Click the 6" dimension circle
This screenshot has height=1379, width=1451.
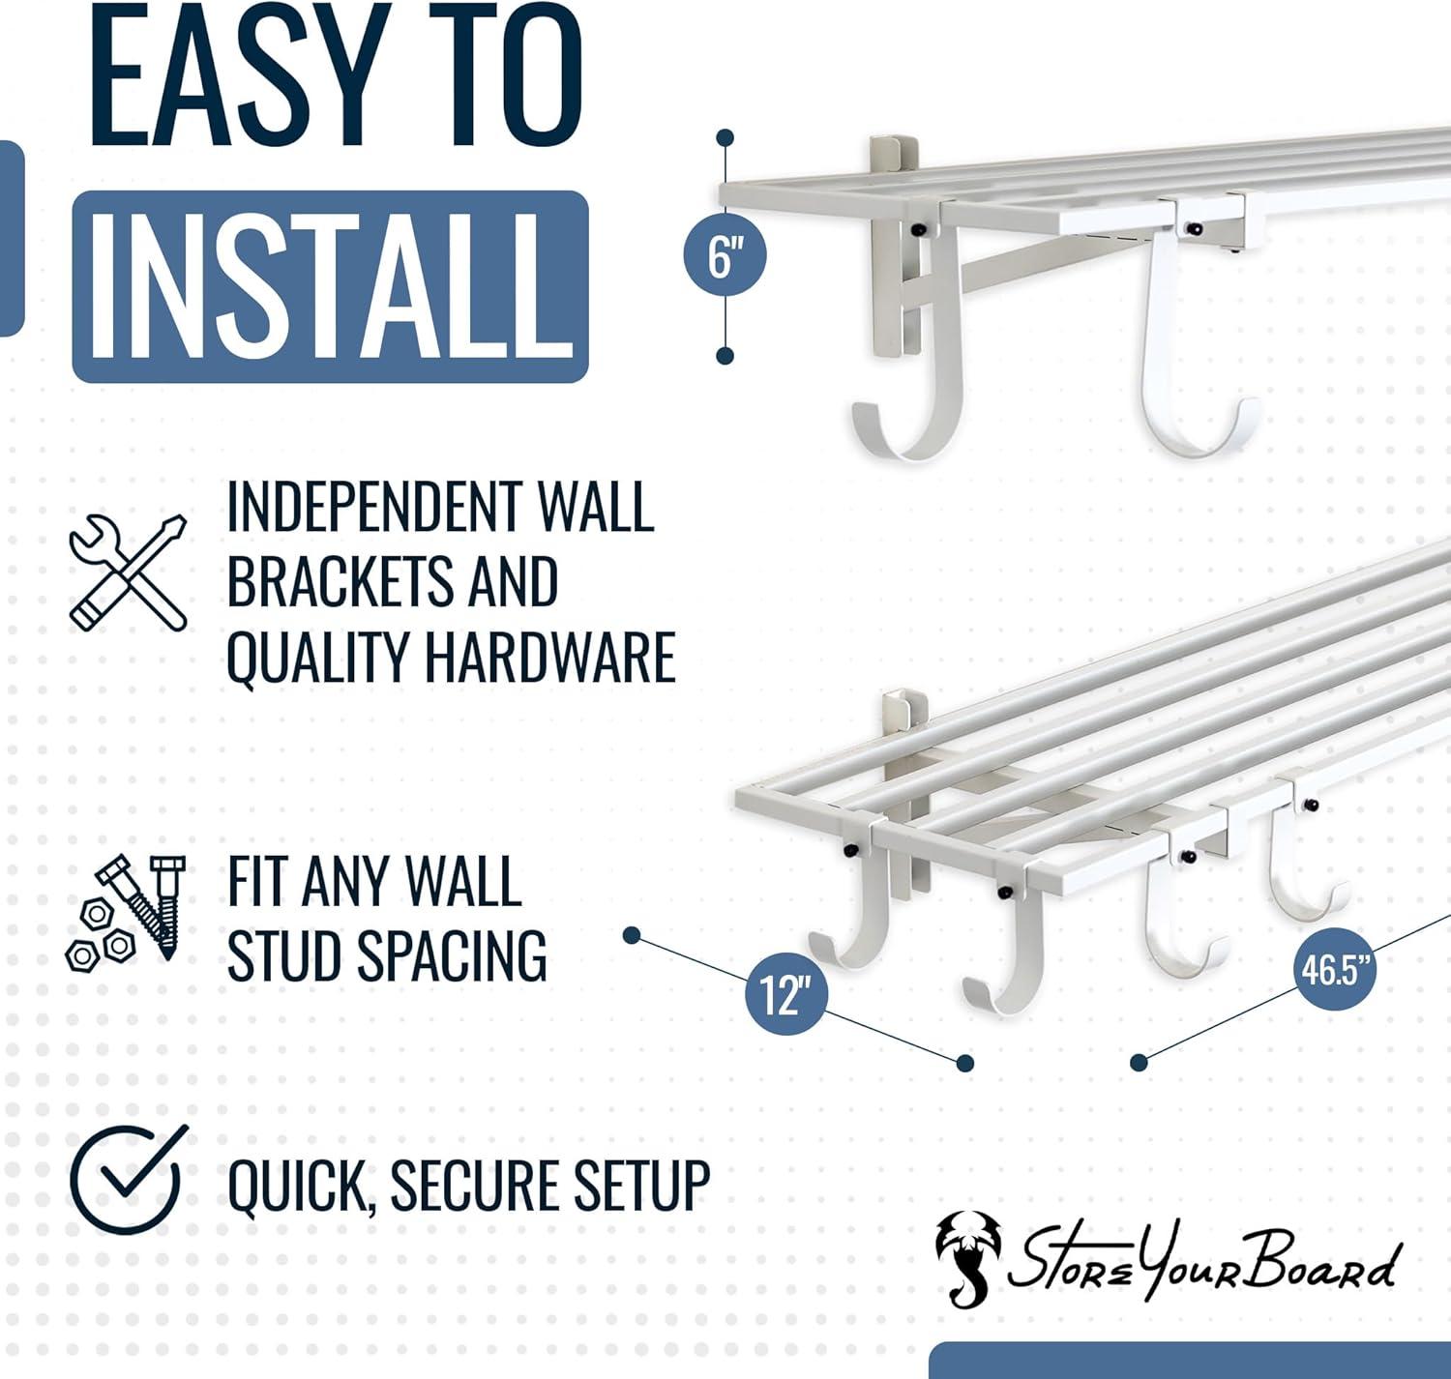[x=724, y=255]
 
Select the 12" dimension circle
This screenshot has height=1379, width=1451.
[x=785, y=994]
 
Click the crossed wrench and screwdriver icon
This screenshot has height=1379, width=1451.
[x=128, y=572]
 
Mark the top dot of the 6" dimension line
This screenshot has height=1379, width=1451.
[x=725, y=138]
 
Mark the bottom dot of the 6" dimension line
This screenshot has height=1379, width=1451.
[x=725, y=357]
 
